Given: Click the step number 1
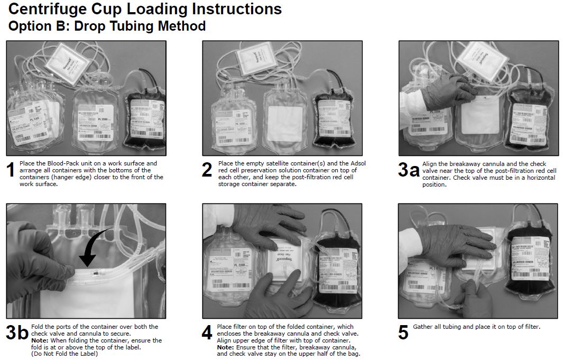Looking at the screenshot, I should [11, 170].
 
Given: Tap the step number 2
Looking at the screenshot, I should [207, 170].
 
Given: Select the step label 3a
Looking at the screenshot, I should [409, 170].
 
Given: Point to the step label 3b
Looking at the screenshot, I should [17, 334].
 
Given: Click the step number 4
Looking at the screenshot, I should [207, 334].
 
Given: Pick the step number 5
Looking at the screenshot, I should [403, 334].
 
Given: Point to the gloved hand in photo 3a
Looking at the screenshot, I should [444, 93].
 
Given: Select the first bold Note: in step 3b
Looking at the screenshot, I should [40, 340].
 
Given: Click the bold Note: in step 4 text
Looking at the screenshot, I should [226, 347].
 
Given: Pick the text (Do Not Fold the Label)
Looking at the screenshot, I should [65, 354].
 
